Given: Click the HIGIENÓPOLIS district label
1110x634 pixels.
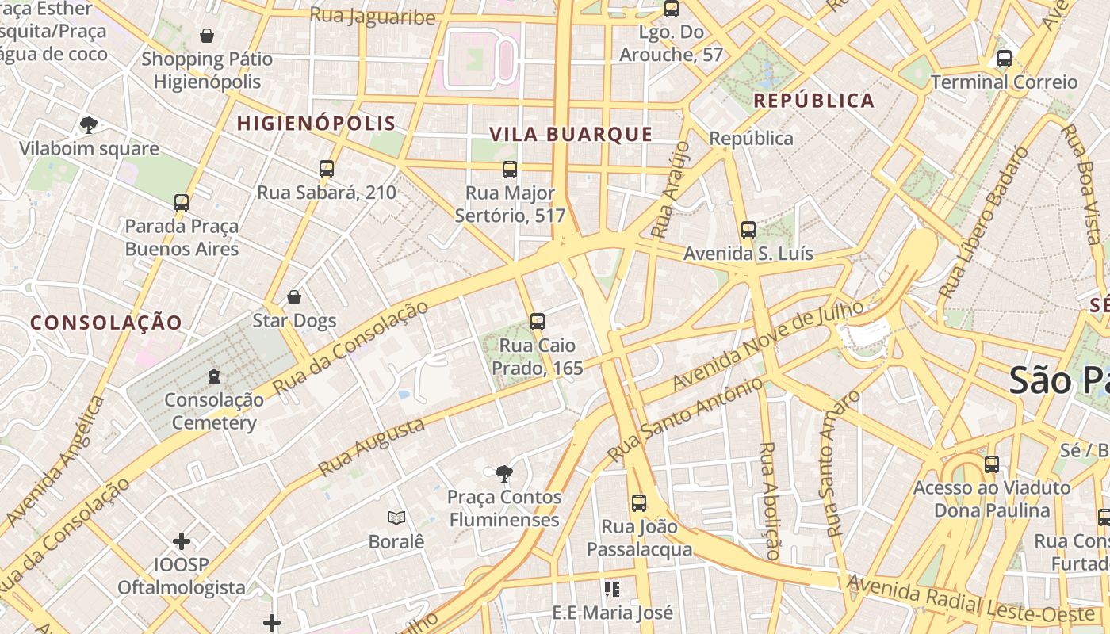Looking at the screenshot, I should (316, 123).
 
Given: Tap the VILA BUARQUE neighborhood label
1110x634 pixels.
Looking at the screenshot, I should (571, 134).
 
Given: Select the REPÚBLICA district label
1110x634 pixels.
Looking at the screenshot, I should (813, 101).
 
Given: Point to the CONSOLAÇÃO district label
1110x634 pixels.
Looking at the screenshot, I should (106, 323).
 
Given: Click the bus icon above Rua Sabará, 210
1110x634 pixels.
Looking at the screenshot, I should (327, 168).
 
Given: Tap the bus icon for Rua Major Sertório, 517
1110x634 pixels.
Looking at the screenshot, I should (510, 169).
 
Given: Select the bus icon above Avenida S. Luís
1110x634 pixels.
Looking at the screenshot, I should (748, 230).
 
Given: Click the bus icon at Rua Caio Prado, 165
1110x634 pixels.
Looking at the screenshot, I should (538, 322).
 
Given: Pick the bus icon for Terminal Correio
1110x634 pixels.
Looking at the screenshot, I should (1005, 59).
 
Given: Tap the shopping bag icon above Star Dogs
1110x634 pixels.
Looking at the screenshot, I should (294, 297).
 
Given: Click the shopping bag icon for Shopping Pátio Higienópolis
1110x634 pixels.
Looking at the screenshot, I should (207, 36).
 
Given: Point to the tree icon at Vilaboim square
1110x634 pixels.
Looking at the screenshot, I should (89, 124).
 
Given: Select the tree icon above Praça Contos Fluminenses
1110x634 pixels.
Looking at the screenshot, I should (503, 474).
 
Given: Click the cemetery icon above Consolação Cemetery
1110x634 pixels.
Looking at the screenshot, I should (213, 376).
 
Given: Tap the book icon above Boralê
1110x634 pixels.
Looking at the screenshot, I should (396, 518).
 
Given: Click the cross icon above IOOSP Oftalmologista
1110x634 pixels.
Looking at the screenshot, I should (182, 541).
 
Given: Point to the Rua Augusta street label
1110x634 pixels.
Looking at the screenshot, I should (371, 448).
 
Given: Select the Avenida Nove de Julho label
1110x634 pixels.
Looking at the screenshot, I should (767, 346).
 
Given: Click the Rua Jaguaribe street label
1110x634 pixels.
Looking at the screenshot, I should (373, 16).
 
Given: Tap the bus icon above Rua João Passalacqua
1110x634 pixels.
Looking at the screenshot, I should (639, 502).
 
